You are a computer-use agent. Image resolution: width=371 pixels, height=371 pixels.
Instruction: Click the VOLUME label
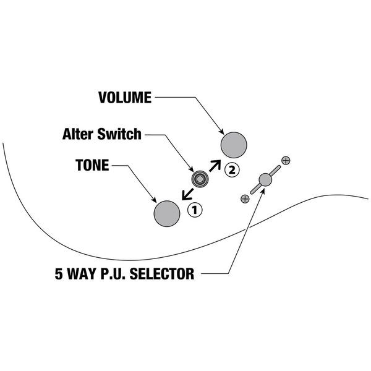[124, 98]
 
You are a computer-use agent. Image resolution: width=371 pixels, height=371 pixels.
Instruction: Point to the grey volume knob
[234, 145]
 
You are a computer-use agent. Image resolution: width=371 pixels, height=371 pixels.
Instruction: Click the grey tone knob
[166, 213]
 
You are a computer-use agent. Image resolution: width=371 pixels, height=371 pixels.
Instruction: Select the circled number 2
[231, 168]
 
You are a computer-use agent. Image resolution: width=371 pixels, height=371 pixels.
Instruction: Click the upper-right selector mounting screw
[286, 161]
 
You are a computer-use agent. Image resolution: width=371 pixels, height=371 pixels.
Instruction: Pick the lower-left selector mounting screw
[245, 198]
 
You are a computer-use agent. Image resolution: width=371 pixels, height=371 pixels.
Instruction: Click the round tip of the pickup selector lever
[265, 179]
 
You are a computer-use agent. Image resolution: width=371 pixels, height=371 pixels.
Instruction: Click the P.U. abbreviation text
[114, 273]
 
